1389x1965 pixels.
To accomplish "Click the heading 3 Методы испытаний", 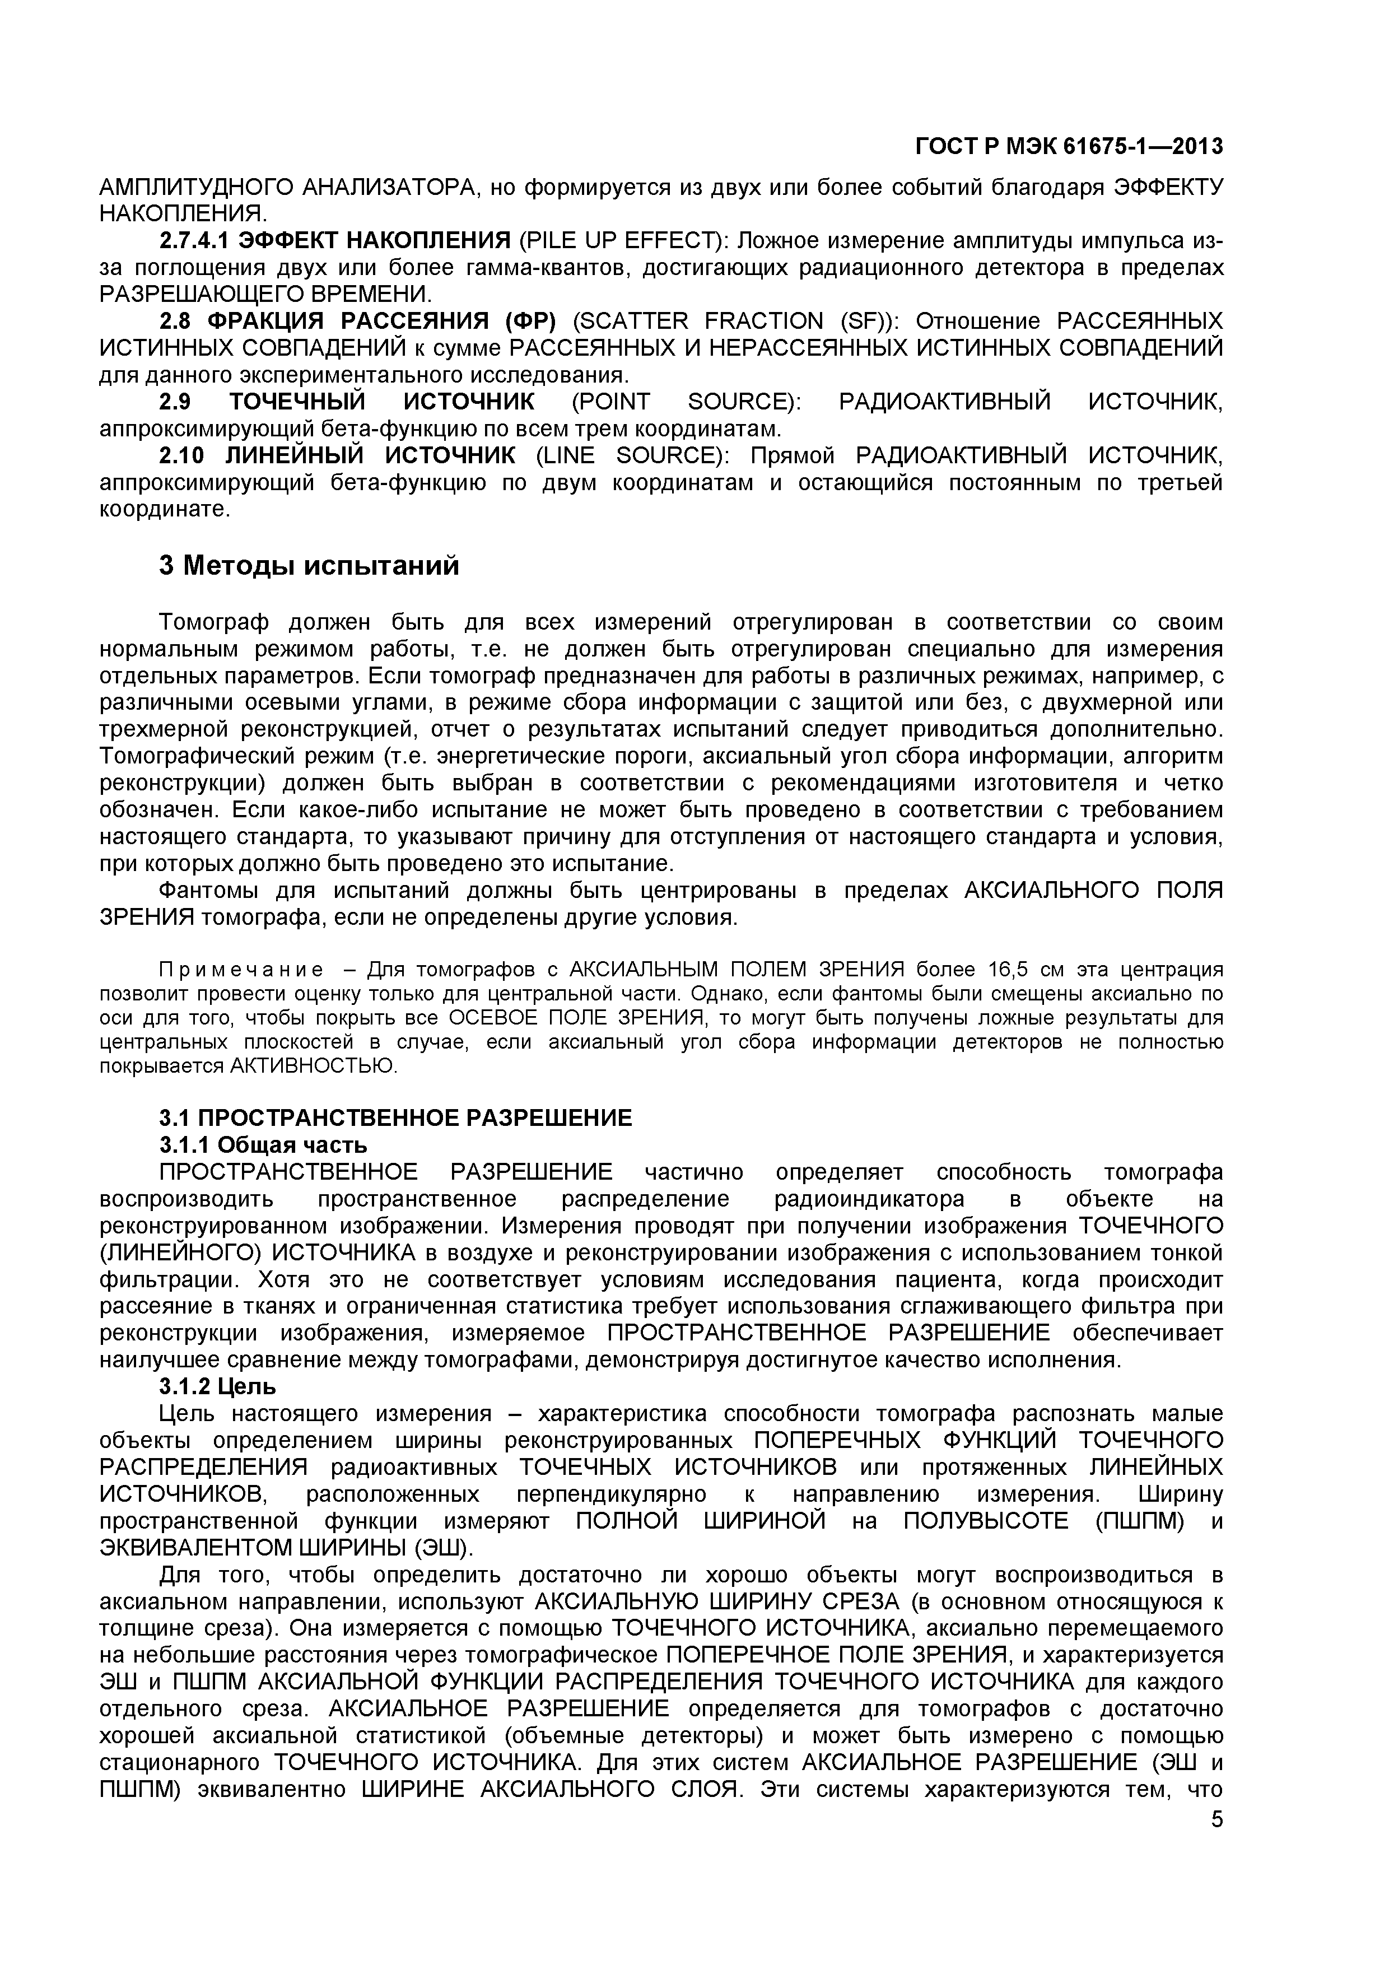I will (309, 566).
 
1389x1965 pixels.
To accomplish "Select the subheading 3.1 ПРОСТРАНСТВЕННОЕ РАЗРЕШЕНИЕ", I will (395, 1117).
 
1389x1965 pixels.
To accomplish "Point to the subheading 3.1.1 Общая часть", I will (264, 1144).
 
